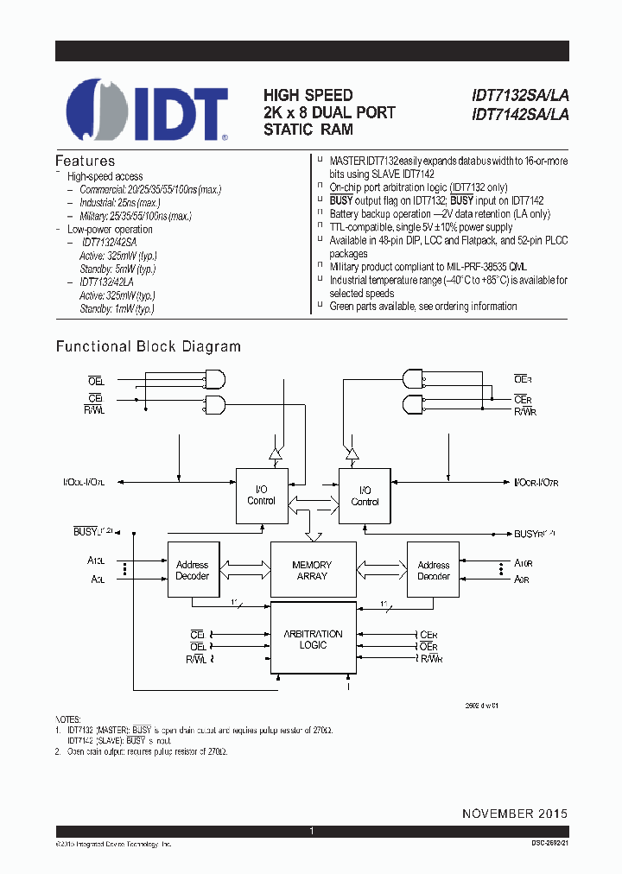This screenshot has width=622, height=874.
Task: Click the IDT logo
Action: pyautogui.click(x=147, y=110)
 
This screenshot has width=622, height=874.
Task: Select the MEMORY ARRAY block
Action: pyautogui.click(x=313, y=570)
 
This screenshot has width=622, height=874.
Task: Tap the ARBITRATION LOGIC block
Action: pyautogui.click(x=313, y=639)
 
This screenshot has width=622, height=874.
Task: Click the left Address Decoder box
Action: pyautogui.click(x=193, y=570)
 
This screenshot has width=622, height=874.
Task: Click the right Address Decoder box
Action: pyautogui.click(x=433, y=570)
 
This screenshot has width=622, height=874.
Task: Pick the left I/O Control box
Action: pyautogui.click(x=262, y=496)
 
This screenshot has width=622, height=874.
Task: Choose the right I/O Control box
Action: pyautogui.click(x=365, y=496)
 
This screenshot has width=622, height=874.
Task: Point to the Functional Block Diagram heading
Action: pyautogui.click(x=148, y=346)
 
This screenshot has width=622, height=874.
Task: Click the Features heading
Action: pyautogui.click(x=85, y=161)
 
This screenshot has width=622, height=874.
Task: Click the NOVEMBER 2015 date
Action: pyautogui.click(x=515, y=814)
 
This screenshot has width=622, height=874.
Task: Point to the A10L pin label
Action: pyautogui.click(x=96, y=560)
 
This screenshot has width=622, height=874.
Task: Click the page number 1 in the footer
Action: pyautogui.click(x=311, y=831)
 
